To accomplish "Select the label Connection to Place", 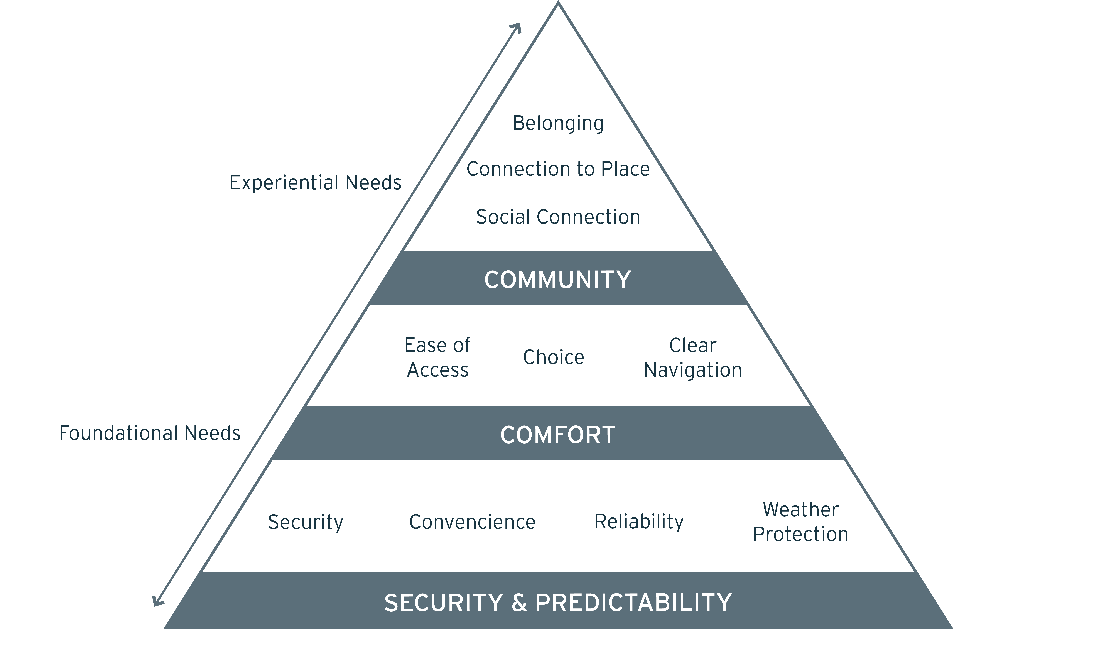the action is coord(558,169).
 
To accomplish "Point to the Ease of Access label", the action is coord(437,357).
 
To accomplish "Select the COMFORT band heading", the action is coord(558,435).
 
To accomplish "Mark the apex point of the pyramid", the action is coord(558,2).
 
